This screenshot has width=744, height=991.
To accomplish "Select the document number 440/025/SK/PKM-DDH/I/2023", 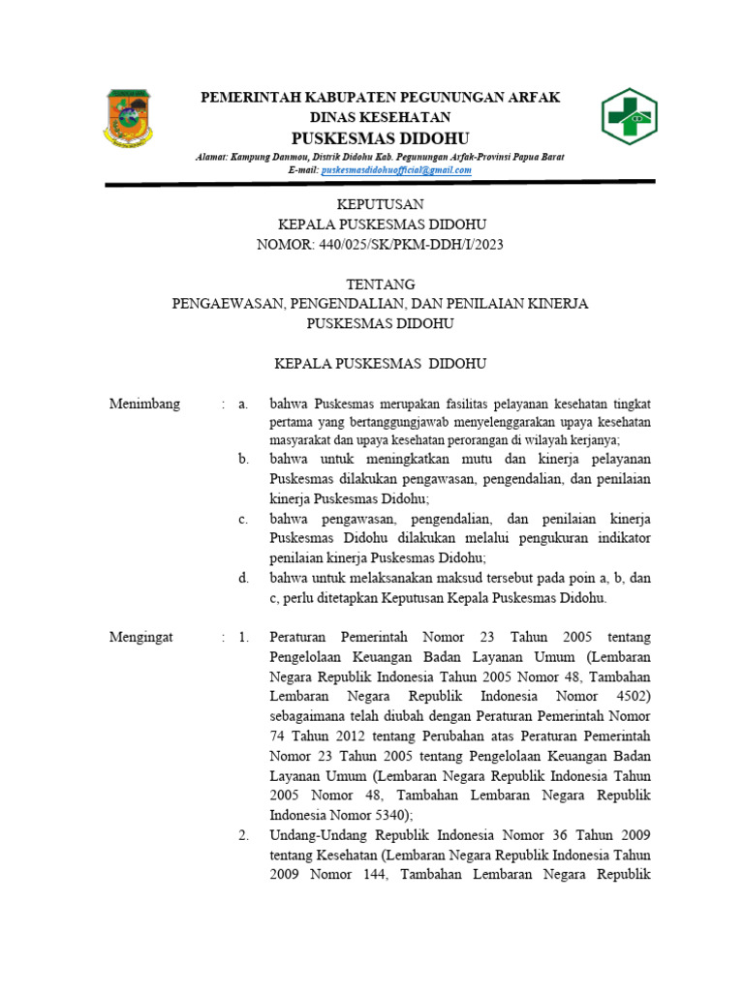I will pos(380,245).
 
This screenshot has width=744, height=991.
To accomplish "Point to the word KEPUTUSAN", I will pos(380,204).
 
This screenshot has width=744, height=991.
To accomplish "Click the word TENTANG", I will pos(380,285).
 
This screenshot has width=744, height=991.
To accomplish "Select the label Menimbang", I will pos(145,405).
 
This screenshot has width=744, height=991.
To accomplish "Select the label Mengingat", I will pos(141,637).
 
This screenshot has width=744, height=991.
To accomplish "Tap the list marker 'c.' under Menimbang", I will pos(244,520).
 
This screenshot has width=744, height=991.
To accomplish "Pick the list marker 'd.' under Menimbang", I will pos(244,578).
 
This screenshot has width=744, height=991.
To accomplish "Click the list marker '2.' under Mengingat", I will pos(244,834).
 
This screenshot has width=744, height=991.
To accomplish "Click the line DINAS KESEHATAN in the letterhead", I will pos(380,116).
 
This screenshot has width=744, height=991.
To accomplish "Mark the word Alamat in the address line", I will pos(211,157).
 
